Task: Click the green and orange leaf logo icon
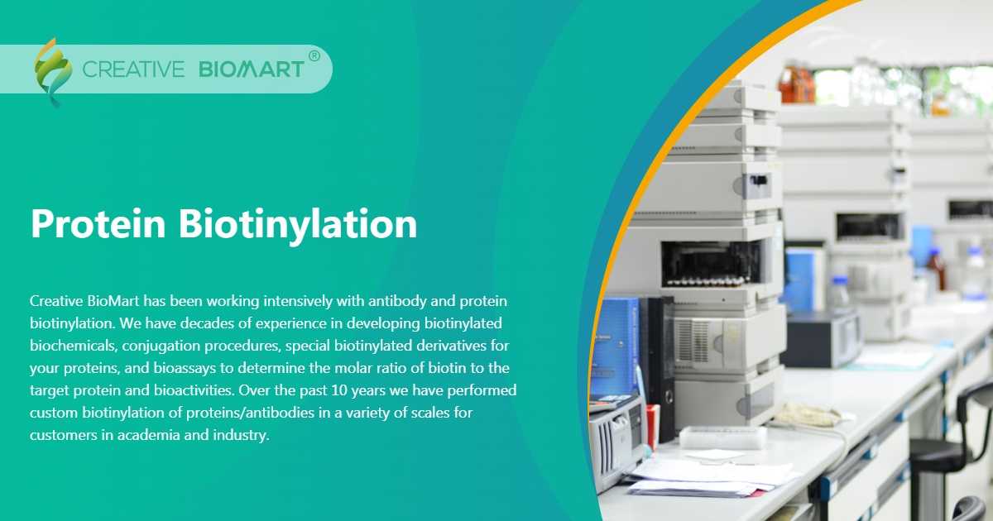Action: tap(52, 71)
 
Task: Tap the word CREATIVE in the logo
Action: tap(133, 69)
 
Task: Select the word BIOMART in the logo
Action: tap(252, 69)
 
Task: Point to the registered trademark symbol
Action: tap(314, 55)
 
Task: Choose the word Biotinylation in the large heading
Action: tap(298, 224)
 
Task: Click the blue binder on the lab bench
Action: tap(613, 347)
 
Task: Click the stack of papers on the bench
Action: tap(712, 478)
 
